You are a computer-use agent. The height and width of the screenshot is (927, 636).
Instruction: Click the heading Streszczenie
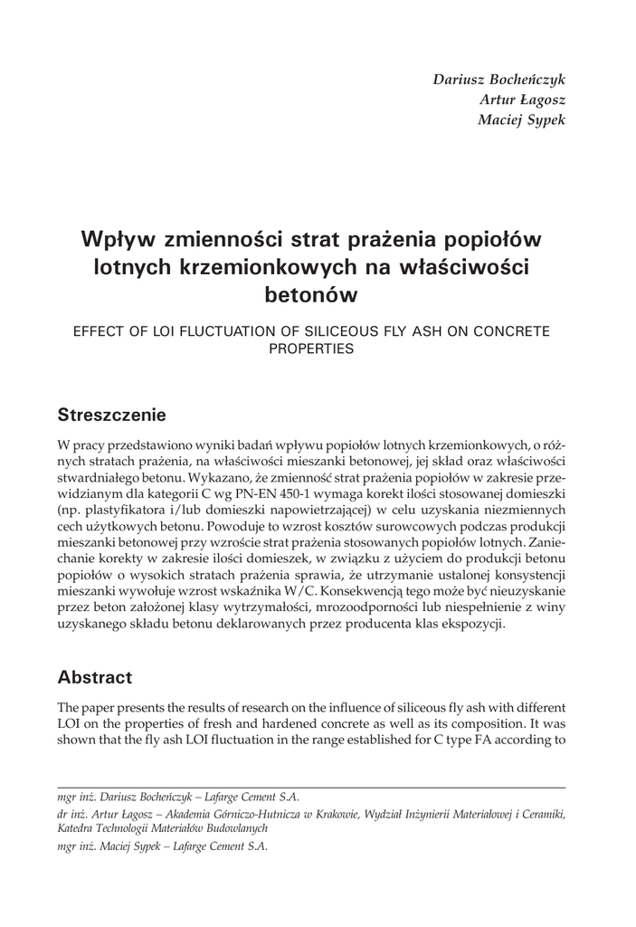click(112, 416)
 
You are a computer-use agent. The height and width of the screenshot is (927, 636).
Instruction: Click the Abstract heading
click(94, 677)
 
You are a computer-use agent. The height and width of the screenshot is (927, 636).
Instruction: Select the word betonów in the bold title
click(310, 294)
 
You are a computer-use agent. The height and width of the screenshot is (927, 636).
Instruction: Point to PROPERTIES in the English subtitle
click(310, 349)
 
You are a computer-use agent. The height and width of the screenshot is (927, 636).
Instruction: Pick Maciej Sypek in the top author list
click(520, 119)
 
